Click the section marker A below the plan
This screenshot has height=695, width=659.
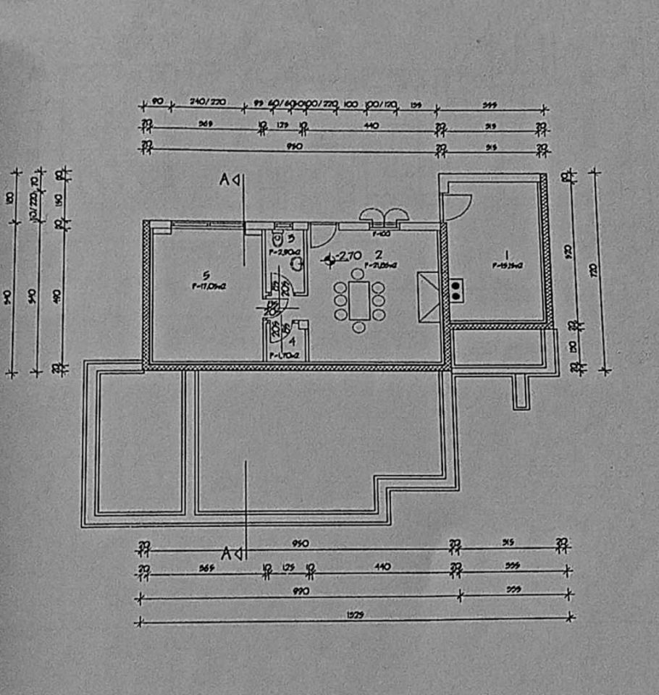[x=227, y=554]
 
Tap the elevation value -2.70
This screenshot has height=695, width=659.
[x=350, y=255]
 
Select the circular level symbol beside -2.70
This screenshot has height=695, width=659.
[x=330, y=257]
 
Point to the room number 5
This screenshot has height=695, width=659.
[x=206, y=275]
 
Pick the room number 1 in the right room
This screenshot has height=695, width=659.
[x=508, y=254]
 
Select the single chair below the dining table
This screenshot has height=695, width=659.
[x=358, y=328]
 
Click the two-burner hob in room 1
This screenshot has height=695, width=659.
[x=457, y=290]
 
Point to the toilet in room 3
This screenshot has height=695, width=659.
[x=278, y=238]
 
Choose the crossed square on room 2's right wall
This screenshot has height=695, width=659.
[x=427, y=297]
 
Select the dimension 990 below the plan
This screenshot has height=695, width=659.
[x=301, y=591]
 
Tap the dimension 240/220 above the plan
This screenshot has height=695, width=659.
[x=208, y=102]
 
